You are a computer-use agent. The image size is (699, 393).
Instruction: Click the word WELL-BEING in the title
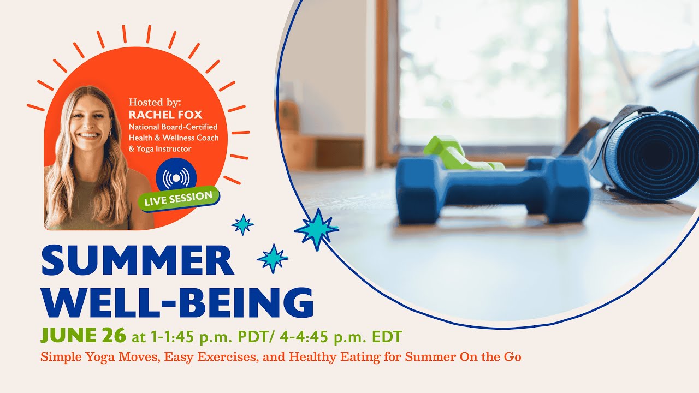coord(177,302)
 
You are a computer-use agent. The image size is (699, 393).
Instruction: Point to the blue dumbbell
coord(491,188)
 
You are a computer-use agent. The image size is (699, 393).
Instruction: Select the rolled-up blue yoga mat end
coord(655,153)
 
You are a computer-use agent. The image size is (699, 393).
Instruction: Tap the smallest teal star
coord(242,224)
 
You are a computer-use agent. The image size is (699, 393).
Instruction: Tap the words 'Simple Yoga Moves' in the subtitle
coord(87,358)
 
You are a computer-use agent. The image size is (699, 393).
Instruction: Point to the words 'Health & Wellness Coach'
coord(174,138)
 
